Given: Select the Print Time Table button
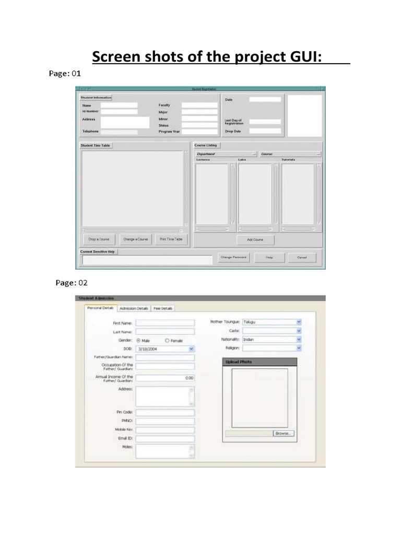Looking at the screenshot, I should pos(171,239).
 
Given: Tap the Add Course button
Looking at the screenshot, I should pos(255,240).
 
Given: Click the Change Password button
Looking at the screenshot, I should pos(233,257).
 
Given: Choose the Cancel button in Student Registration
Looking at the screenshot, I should pos(302,258).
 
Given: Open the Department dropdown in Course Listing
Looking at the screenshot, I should pos(226,154).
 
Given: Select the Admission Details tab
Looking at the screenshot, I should pos(134,308).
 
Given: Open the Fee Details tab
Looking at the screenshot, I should pos(163,308).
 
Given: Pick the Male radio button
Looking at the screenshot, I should pos(138,340).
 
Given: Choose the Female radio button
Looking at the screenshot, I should pos(167,340).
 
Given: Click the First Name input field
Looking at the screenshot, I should pos(164,323).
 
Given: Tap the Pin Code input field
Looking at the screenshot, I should pos(164,412).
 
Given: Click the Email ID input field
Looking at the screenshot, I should pos(164,438).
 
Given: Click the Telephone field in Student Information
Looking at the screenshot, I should pos(119,132).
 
